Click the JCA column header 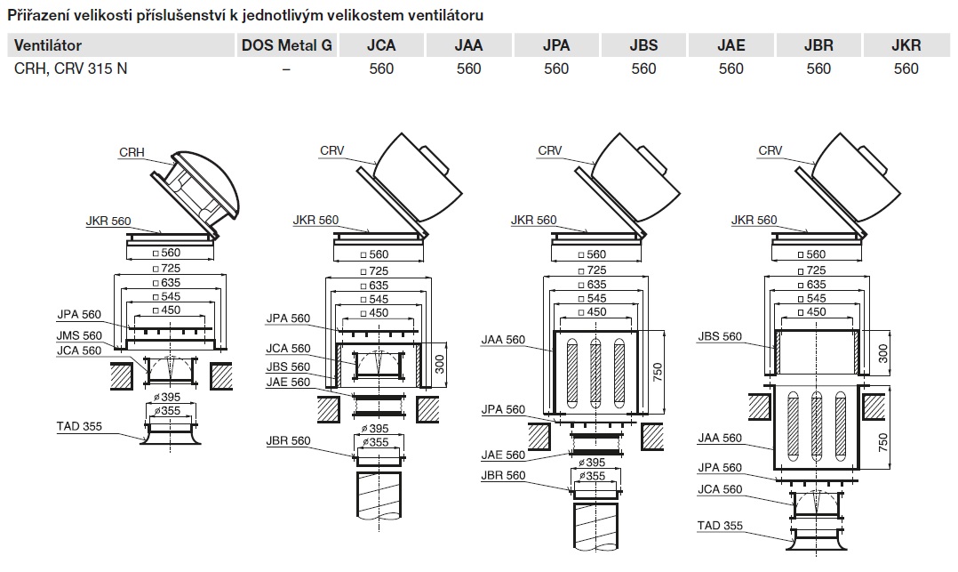381,45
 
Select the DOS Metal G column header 286,45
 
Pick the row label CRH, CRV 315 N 70,68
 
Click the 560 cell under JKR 906,68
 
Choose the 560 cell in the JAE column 730,68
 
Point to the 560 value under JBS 643,68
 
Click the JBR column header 818,45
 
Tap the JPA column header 556,45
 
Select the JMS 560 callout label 79,334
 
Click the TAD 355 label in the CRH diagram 78,426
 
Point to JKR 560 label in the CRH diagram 108,221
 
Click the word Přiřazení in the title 40,16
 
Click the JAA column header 468,45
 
